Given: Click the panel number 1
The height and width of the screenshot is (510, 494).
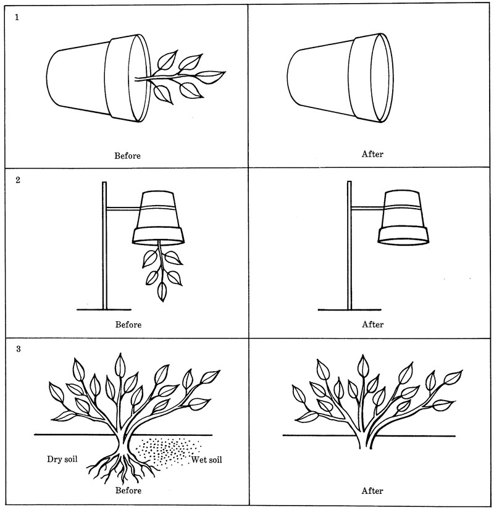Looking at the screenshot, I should click(17, 18).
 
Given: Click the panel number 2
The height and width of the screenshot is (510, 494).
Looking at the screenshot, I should click(17, 184).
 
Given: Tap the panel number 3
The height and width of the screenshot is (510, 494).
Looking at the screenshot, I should click(17, 349).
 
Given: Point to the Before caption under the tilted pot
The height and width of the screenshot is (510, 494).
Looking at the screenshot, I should click(127, 156).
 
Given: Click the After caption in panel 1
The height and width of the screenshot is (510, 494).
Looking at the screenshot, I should click(372, 154).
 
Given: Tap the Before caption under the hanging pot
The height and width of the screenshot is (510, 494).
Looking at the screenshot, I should click(127, 324).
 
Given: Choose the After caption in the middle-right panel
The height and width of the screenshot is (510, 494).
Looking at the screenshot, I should click(372, 324).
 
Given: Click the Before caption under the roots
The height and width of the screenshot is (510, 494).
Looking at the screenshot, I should click(127, 491).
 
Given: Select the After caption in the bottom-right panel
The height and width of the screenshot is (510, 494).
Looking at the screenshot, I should click(372, 491).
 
